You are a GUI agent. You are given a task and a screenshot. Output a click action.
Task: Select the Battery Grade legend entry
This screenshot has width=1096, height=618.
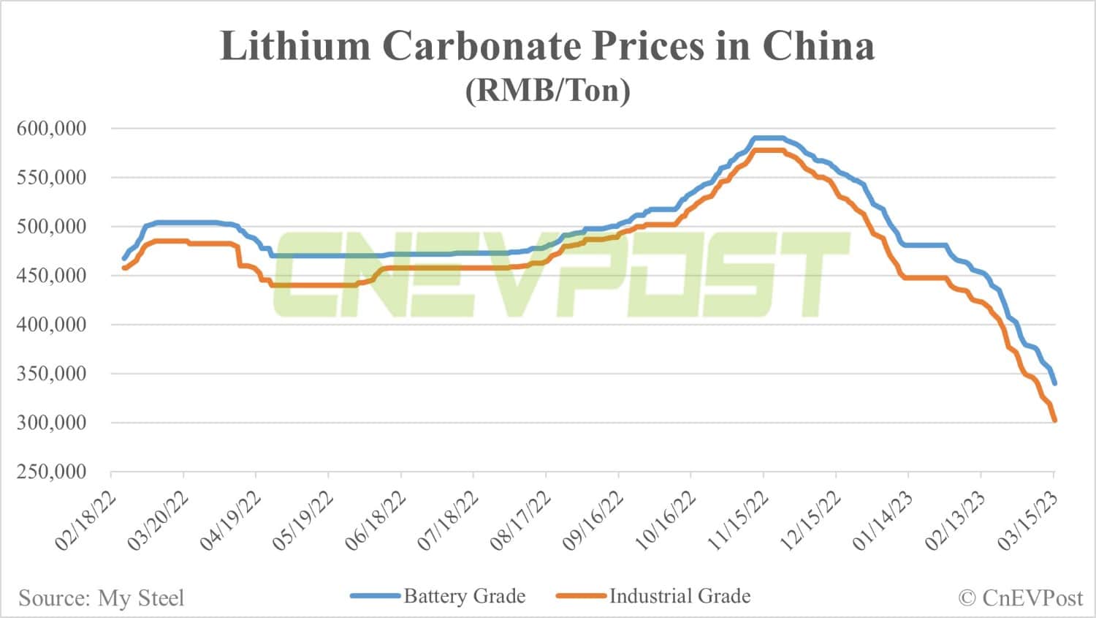click(x=464, y=596)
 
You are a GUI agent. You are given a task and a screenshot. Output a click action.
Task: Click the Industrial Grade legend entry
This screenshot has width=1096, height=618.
click(x=680, y=596)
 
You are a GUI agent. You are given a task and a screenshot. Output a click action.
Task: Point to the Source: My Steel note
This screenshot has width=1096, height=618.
click(x=102, y=598)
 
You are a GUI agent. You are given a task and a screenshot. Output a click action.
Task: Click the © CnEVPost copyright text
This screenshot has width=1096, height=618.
click(x=1020, y=598)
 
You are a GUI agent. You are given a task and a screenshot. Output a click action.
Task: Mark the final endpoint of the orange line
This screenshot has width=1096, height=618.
click(x=1054, y=421)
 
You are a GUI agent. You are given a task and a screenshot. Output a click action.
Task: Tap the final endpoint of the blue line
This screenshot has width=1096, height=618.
click(x=1054, y=383)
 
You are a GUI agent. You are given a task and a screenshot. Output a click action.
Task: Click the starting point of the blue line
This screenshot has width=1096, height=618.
click(x=123, y=258)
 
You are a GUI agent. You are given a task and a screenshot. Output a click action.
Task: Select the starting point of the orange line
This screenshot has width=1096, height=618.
click(x=123, y=268)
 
